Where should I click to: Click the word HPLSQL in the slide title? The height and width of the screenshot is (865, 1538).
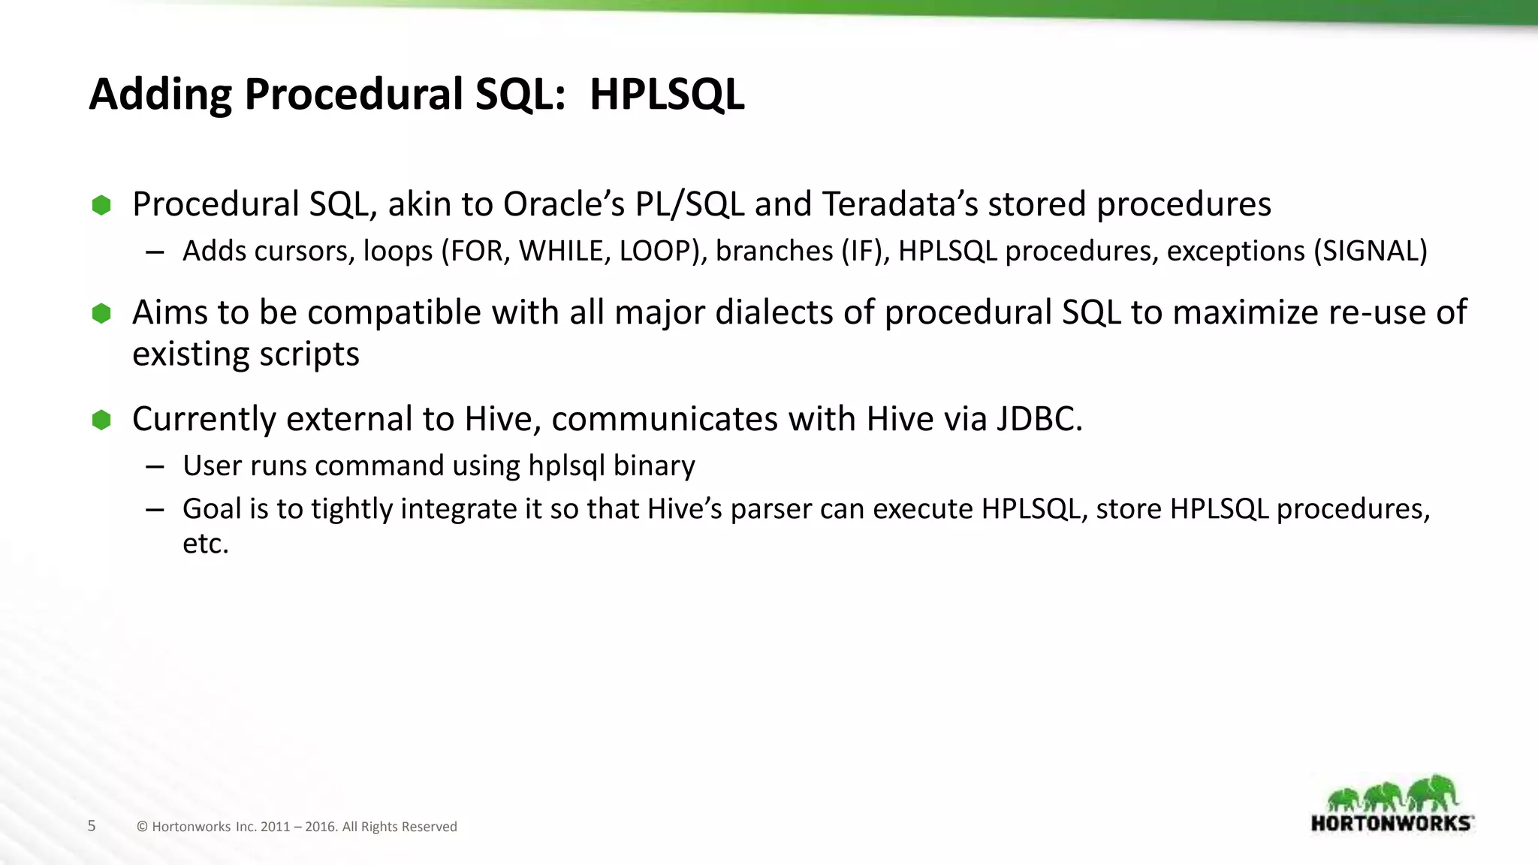tap(666, 95)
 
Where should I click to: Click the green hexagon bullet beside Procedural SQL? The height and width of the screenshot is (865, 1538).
tap(101, 205)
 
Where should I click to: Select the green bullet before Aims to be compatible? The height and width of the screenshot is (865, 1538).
tap(101, 313)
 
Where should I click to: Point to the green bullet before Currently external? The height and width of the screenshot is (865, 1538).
tap(101, 420)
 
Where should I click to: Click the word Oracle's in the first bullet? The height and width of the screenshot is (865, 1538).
tap(563, 204)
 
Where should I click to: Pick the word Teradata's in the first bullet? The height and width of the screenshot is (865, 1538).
tap(900, 204)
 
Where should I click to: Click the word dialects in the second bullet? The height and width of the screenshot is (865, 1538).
tap(774, 312)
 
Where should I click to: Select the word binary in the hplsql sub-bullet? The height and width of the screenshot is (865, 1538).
tap(653, 466)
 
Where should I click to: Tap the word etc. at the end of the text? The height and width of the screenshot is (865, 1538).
tap(205, 544)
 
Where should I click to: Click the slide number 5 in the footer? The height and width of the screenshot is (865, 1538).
tap(92, 826)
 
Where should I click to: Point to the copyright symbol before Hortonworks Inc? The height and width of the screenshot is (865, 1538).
tap(142, 827)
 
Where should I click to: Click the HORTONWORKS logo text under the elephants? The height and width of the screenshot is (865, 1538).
tap(1391, 823)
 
